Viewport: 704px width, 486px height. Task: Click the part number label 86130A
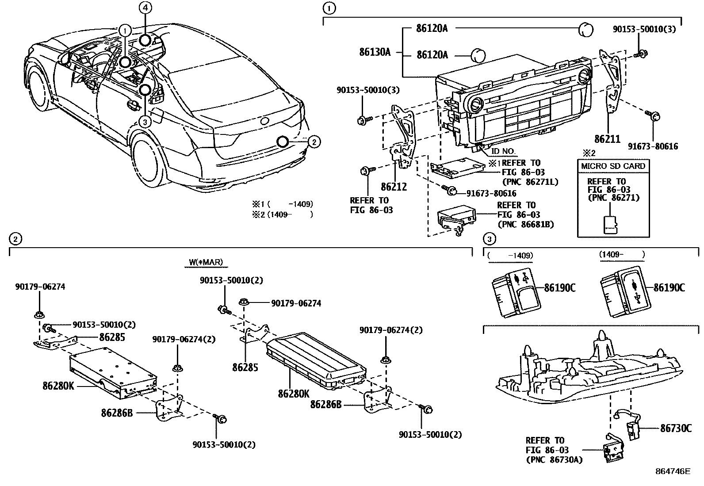375,52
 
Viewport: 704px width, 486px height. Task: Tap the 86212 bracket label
394,187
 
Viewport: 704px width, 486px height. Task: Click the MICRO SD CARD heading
613,166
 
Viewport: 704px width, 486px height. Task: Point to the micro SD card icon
611,224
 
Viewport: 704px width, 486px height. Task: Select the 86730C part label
676,428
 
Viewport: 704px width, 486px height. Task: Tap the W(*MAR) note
206,262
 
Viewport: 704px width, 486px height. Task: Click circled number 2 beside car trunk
314,142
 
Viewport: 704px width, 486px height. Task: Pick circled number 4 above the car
145,7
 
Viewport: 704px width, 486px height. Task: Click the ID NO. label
503,151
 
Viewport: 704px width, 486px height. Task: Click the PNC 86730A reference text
554,460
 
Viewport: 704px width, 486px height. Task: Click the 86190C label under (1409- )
669,288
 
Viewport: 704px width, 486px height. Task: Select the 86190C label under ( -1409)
559,288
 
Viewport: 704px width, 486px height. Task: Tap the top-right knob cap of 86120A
585,30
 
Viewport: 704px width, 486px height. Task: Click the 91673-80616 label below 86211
653,146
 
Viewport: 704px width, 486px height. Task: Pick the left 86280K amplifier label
58,386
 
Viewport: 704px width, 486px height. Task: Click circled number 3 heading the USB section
489,239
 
